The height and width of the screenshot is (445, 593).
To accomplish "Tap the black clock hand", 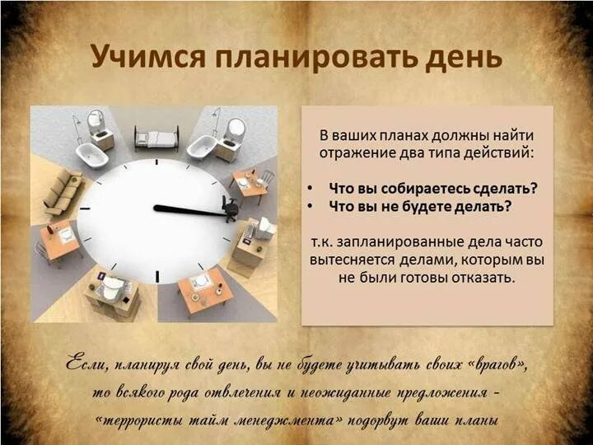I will tap(189, 210).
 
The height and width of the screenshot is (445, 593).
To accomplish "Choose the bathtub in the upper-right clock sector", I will tap(201, 147).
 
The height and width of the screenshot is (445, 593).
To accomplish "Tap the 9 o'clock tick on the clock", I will tap(85, 211).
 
